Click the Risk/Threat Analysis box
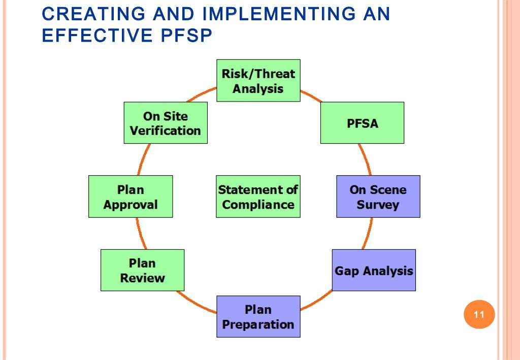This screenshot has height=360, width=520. point(258,81)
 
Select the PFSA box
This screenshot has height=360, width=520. point(362,123)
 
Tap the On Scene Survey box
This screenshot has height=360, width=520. point(378,197)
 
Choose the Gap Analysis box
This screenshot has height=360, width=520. point(374,270)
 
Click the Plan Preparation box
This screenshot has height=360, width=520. point(258,316)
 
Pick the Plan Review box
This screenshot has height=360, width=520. point(142,270)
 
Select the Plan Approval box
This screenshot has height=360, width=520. point(131,197)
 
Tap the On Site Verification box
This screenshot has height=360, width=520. point(166,123)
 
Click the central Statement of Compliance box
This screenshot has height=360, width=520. point(258,197)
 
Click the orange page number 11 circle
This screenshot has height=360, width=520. point(479,315)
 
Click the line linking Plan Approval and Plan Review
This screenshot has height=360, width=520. point(138,234)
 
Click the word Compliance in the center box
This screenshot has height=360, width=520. point(258,205)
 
